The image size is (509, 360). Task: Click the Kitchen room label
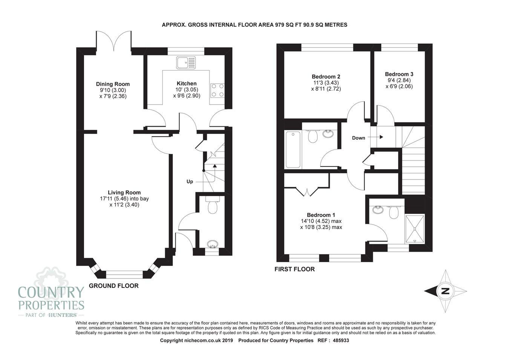pos(187,83)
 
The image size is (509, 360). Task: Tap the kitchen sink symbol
pos(186,63)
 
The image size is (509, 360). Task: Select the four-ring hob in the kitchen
pos(218,91)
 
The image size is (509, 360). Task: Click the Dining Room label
pos(113,84)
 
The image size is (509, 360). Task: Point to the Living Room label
pos(124,192)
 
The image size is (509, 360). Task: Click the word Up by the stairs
pos(190,182)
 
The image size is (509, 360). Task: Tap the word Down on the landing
pos(359,138)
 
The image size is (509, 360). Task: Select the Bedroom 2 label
pos(326,77)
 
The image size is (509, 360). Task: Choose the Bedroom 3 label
pos(399,74)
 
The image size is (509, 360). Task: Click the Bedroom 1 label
pos(321,215)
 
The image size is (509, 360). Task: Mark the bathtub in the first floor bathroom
pos(293,149)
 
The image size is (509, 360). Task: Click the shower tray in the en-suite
pos(415,229)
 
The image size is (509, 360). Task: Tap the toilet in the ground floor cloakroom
pos(213,205)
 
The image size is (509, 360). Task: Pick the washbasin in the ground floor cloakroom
pos(213,244)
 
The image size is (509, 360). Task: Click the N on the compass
pos(445,291)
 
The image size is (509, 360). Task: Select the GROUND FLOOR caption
pos(113,286)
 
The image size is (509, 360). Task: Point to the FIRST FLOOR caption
pos(294,269)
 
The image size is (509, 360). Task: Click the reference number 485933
pos(341,340)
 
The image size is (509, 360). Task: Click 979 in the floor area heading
pos(279,25)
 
